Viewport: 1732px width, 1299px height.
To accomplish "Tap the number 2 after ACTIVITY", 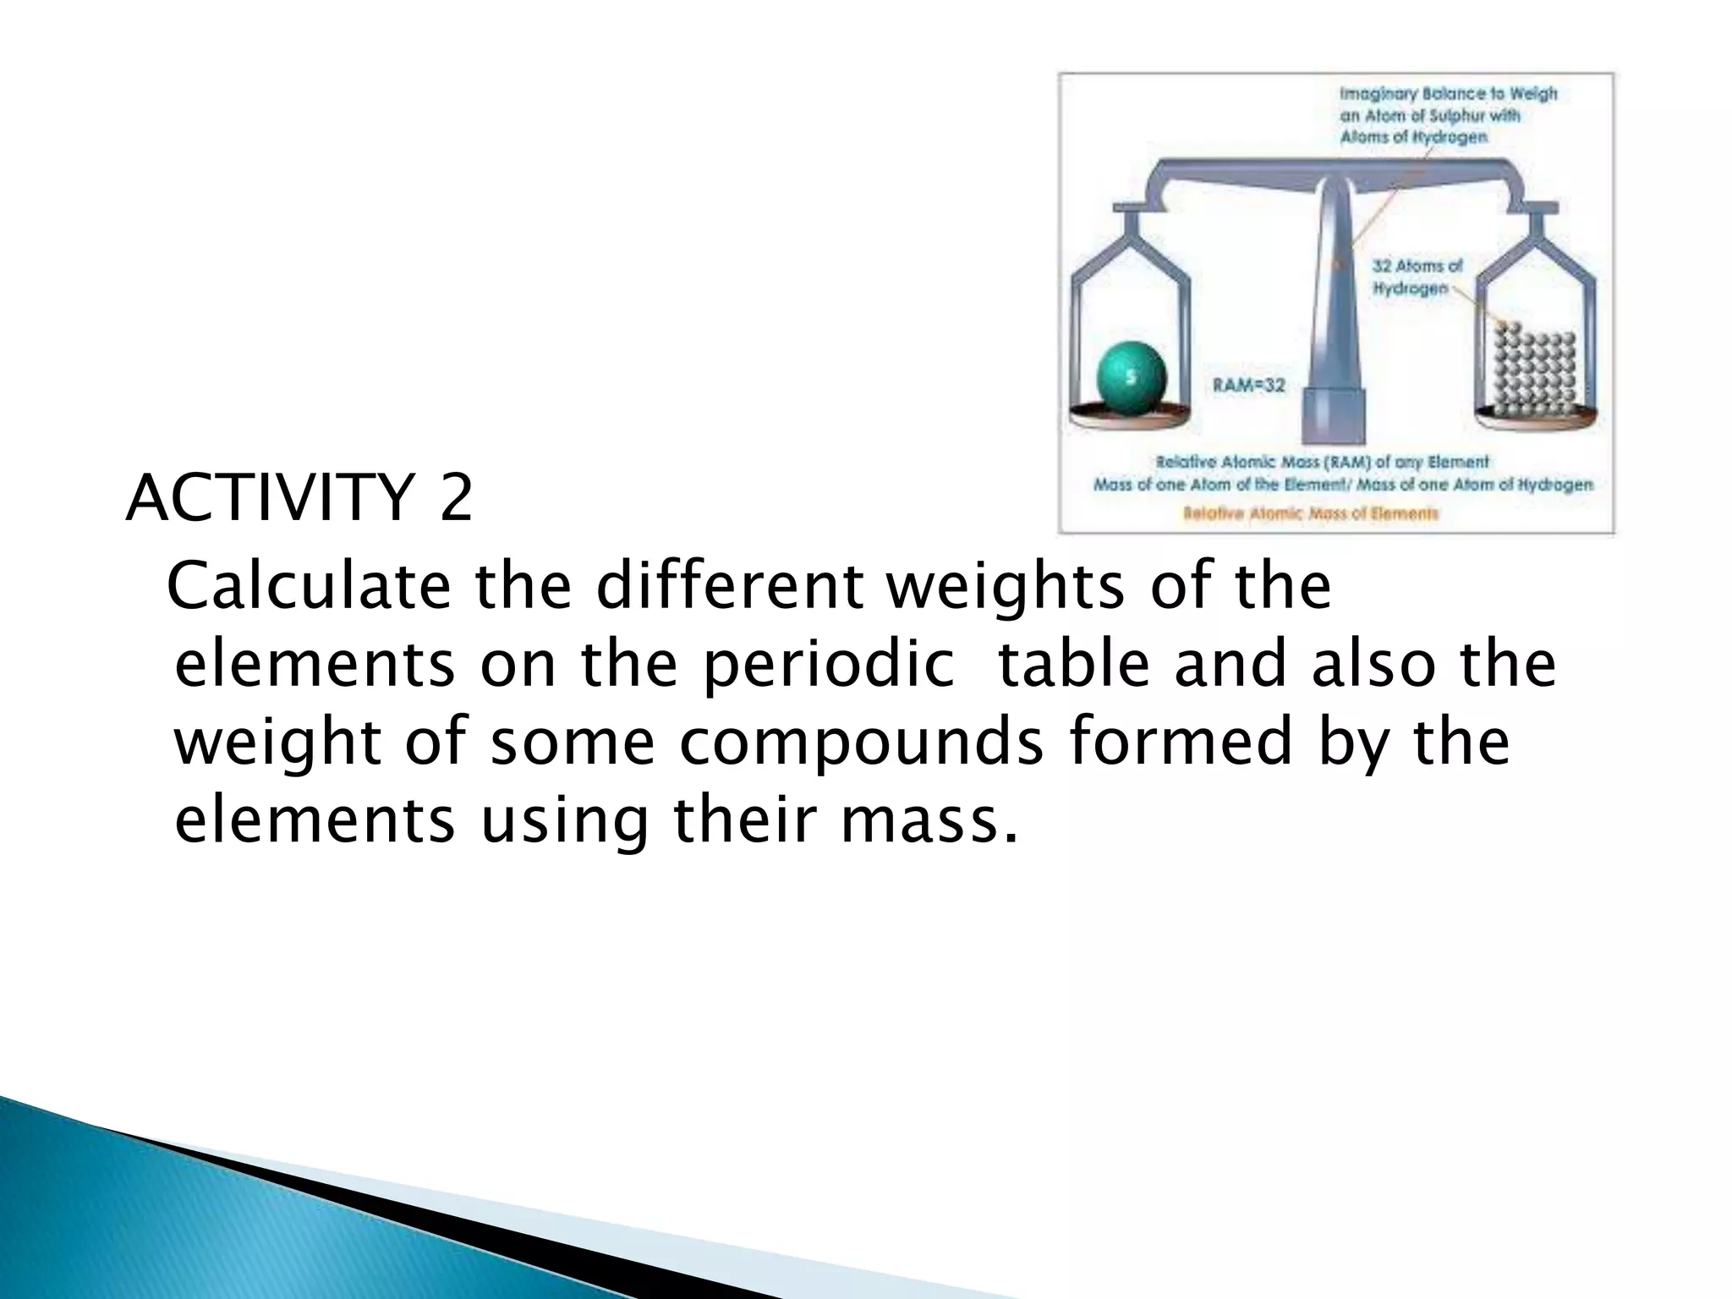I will point(455,500).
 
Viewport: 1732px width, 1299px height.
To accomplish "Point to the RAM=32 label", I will point(1249,386).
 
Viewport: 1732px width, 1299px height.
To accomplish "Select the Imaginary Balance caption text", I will point(1447,114).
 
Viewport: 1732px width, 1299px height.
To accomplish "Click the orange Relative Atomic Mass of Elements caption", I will point(1311,513).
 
